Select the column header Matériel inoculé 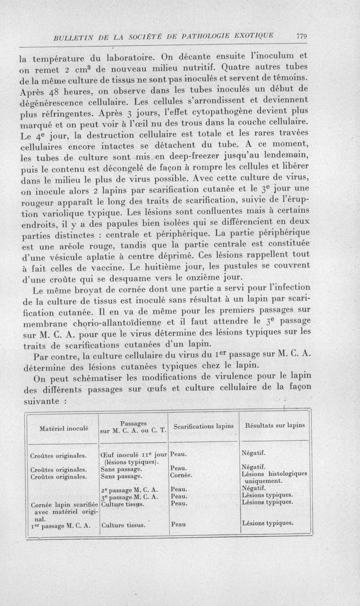(63, 428)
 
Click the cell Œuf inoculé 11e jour (134, 455)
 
